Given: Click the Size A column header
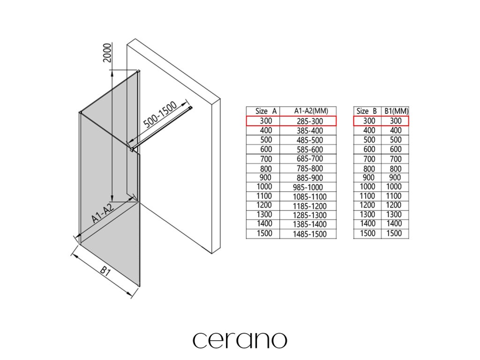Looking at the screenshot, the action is pyautogui.click(x=266, y=111).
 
